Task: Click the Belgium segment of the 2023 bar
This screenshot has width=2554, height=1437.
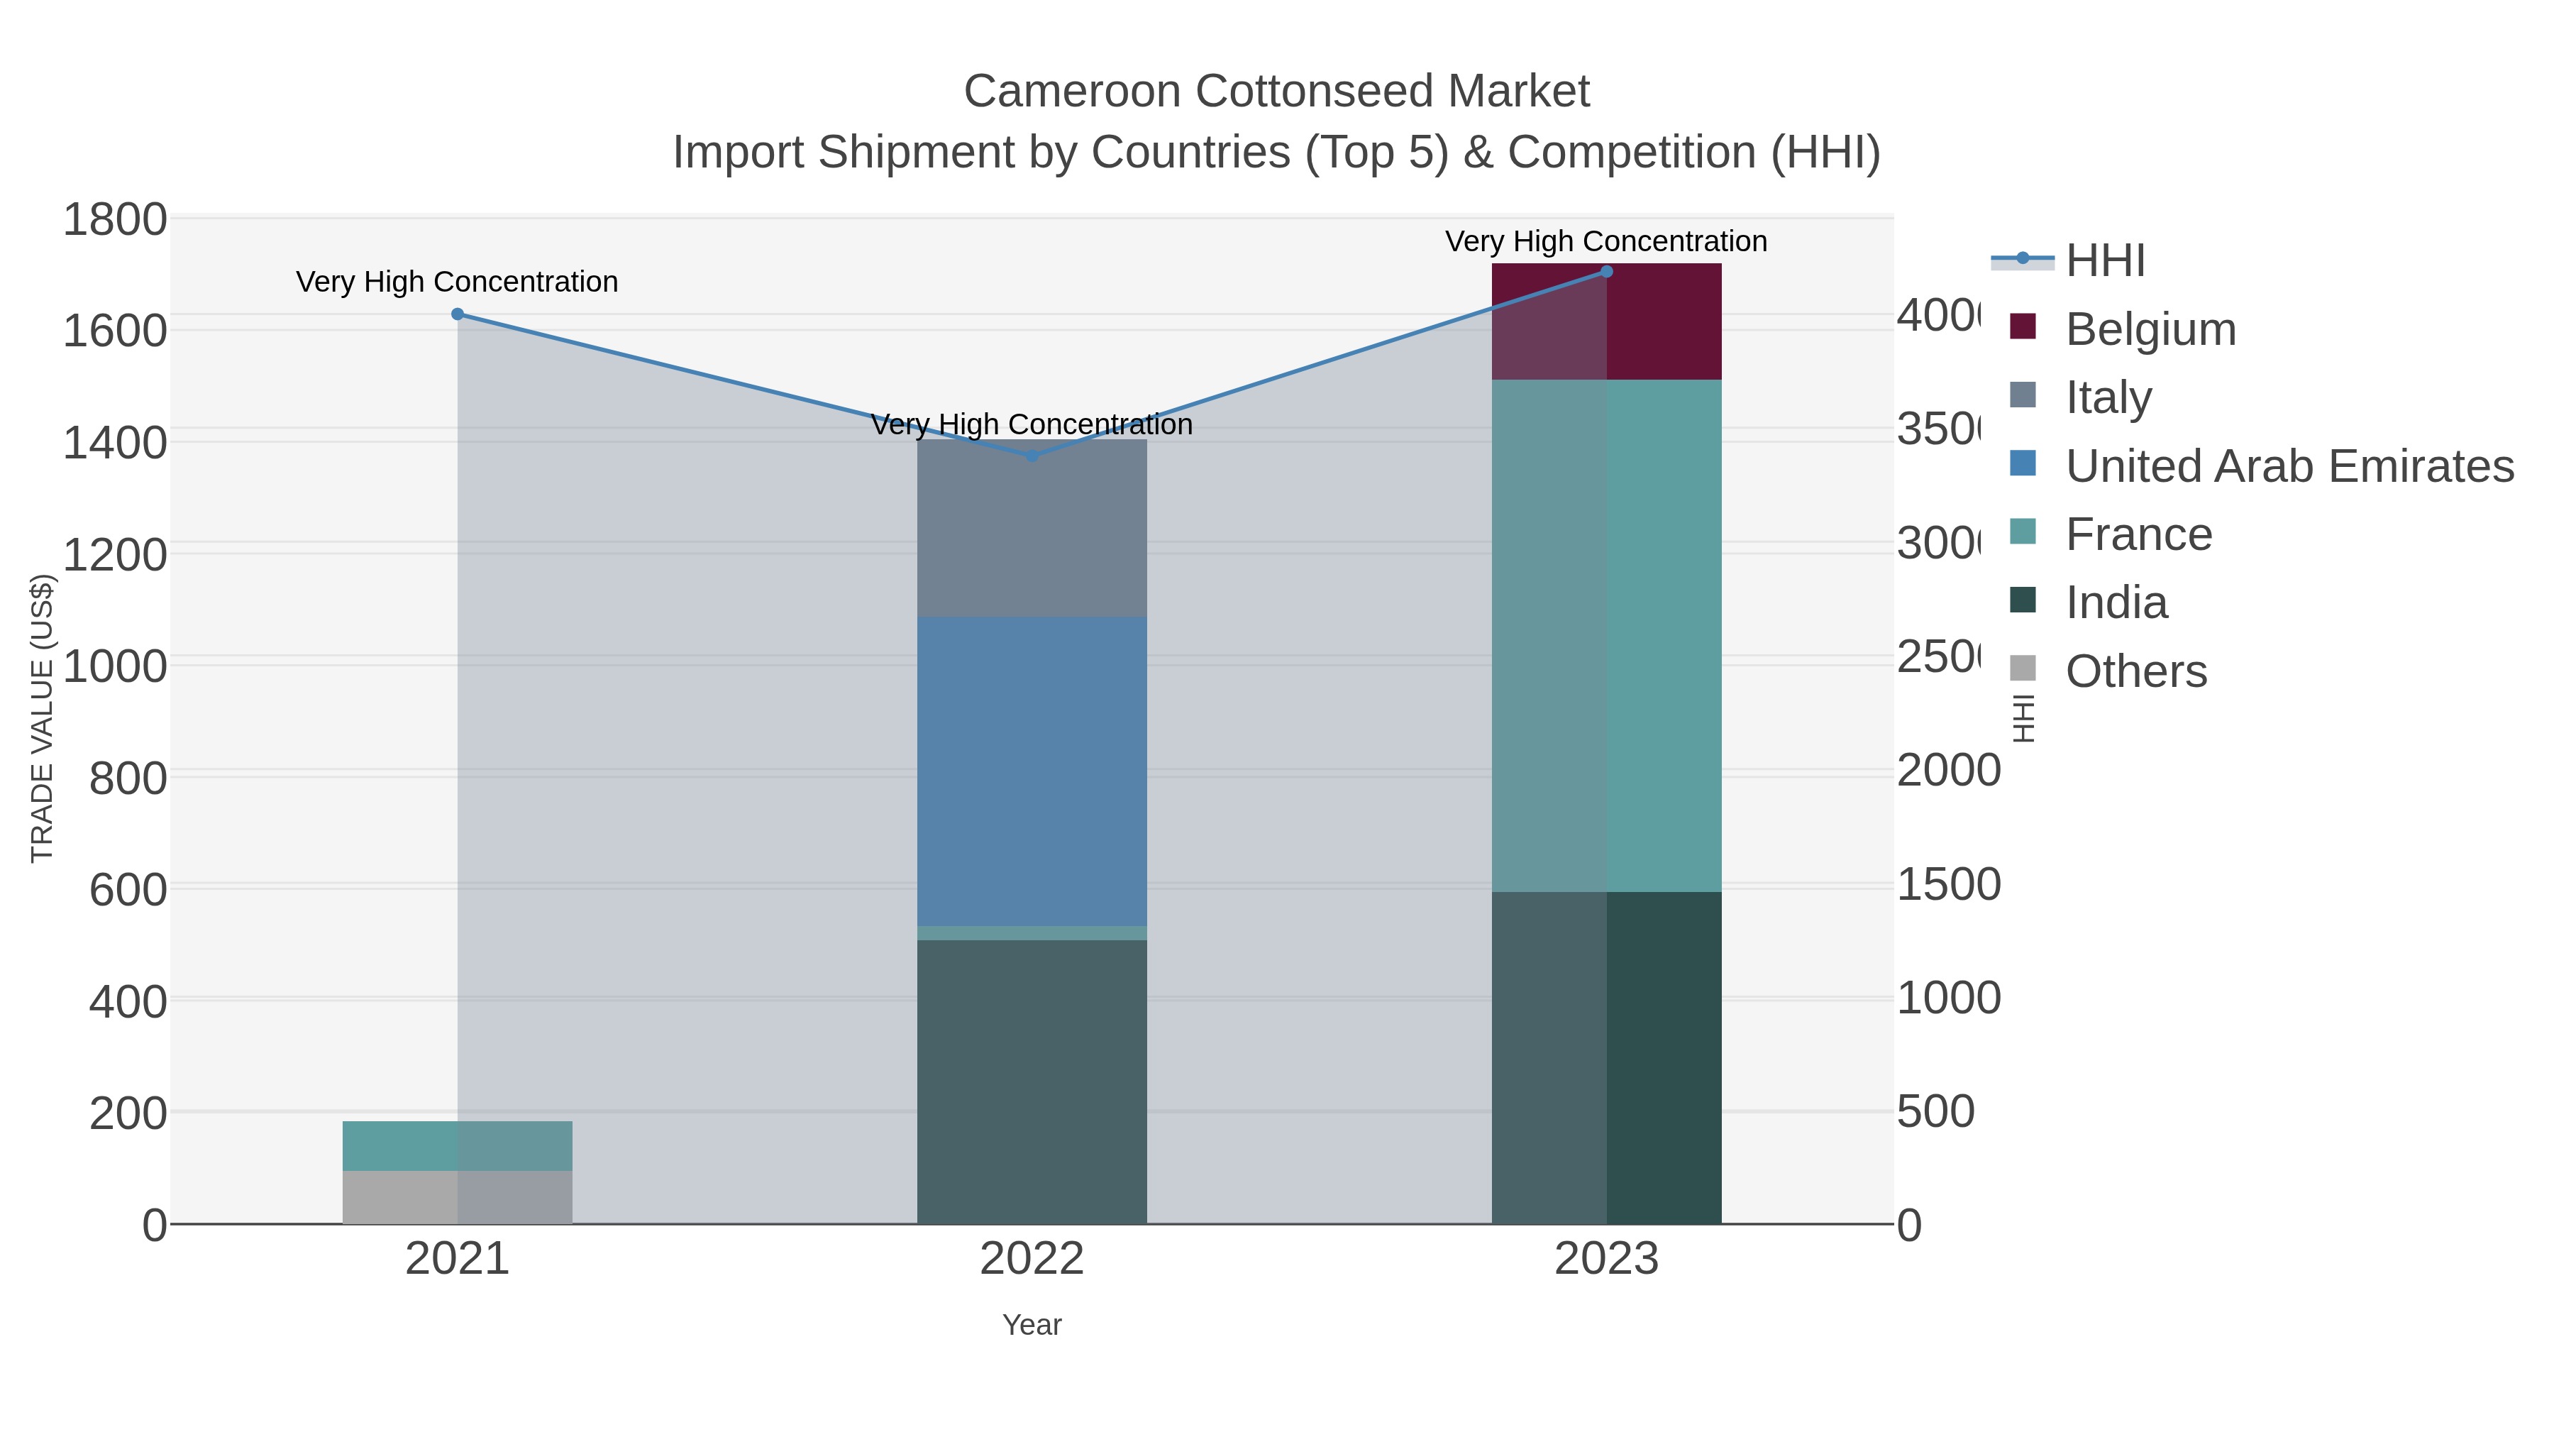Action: [x=1606, y=321]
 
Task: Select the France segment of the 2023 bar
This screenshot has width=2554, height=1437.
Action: [x=1606, y=634]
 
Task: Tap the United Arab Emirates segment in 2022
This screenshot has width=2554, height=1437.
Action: [x=1031, y=771]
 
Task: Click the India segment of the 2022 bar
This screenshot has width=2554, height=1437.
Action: [x=1031, y=1081]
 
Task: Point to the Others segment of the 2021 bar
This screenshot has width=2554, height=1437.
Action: [x=457, y=1197]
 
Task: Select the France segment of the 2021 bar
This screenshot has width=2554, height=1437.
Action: [x=457, y=1145]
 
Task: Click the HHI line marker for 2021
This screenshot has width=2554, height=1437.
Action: [x=457, y=314]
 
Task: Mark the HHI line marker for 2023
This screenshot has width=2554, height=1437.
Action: [x=1606, y=272]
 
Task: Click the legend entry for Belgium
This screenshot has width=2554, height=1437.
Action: [x=2150, y=329]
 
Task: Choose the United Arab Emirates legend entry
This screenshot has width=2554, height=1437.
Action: [x=2288, y=466]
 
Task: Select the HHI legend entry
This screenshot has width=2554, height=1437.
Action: [x=2104, y=261]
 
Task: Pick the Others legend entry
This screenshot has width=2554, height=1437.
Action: [x=2135, y=671]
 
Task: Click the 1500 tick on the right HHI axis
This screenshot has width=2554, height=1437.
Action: [x=1947, y=885]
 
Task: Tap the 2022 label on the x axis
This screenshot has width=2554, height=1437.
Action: [x=1031, y=1260]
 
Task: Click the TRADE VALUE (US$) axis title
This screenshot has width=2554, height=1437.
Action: [x=42, y=718]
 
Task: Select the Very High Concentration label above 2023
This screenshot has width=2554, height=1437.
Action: [x=1605, y=241]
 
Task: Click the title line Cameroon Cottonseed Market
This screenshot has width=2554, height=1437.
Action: [x=1276, y=92]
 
